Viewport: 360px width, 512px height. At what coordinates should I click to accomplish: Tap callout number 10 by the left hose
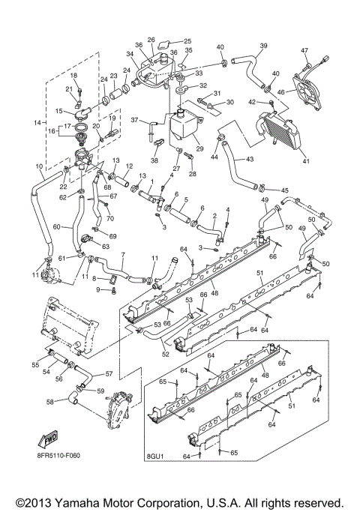(x=39, y=166)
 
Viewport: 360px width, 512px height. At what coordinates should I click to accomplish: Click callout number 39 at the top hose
(x=262, y=46)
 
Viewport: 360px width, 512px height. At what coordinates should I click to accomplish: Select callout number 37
(x=135, y=120)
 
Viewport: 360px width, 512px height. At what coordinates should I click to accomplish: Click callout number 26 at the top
(x=151, y=39)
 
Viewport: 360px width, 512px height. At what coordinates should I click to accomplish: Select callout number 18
(x=73, y=76)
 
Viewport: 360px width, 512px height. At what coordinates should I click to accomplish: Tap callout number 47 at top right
(x=305, y=51)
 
